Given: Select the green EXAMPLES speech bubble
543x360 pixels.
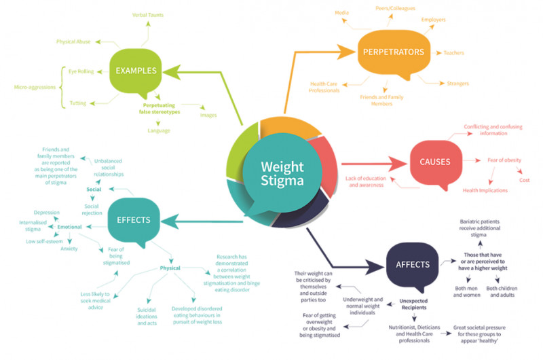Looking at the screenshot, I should pos(136,70).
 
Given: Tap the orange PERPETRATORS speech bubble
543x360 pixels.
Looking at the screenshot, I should pos(393,52).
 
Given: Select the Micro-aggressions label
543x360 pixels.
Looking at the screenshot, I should pos(31,87).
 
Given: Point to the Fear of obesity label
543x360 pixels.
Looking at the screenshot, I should pos(504,160).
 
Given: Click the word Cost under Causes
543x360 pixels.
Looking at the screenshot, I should pos(524,180).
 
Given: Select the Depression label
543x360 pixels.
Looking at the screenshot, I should pos(47,213).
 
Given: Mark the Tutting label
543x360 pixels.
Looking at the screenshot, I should pos(77,103).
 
